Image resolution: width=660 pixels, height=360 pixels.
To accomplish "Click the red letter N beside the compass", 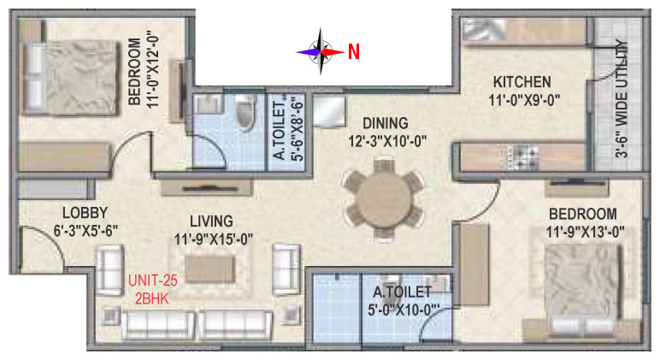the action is pos(354,52).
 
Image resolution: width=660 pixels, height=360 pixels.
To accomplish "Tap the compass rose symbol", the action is pos(321,52).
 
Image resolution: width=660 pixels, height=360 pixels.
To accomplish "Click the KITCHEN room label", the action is pos(522,82).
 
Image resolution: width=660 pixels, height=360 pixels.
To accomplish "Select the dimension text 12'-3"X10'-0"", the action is pos(387,141).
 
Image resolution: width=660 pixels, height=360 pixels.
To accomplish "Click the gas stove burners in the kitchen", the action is pos(524,157).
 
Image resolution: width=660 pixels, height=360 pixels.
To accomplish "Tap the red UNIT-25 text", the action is pos(153,280).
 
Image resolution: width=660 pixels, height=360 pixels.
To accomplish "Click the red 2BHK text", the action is pos(151,298).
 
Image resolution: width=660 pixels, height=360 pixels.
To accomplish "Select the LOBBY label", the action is pos(85,213).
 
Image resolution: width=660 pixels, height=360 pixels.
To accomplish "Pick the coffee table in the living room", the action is pos(209,269).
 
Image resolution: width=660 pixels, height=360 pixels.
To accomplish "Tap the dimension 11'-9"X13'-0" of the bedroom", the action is pos(585,232).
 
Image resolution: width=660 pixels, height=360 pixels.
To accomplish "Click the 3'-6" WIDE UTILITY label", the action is pos(621,98).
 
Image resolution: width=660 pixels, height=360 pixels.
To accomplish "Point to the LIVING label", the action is pos(211,221).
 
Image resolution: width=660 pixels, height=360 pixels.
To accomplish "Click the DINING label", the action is pos(386,123).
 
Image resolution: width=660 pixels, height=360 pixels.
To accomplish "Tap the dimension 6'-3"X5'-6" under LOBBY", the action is pos(85,231).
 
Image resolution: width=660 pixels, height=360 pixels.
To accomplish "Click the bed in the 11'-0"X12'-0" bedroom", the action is pos(71,77).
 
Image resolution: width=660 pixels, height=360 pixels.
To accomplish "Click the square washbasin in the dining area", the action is pos(329,111).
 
